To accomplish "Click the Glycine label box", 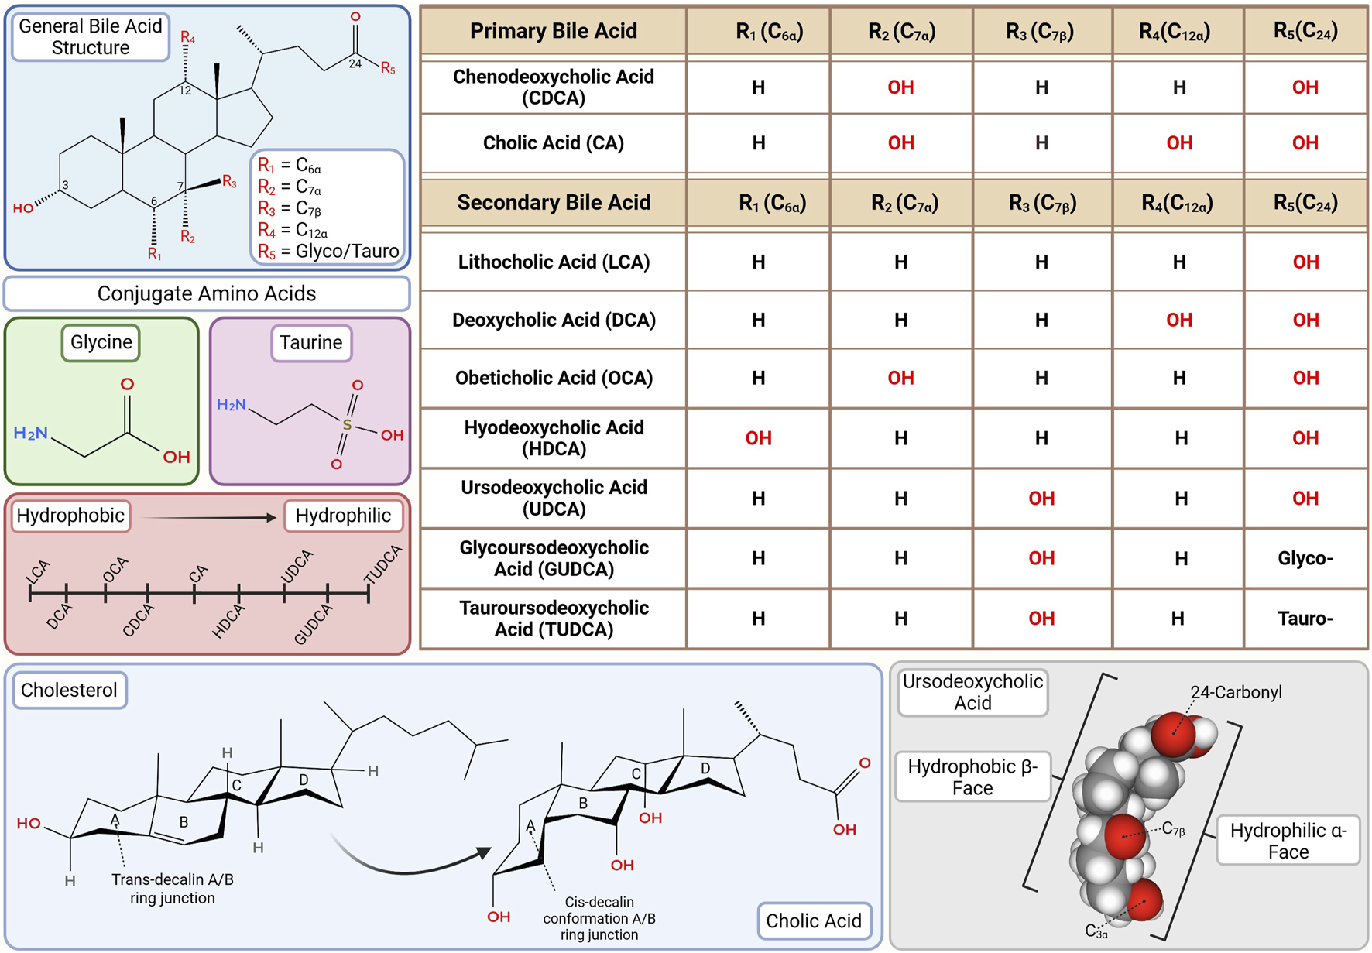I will point(101,343).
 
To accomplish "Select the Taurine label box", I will point(310,343).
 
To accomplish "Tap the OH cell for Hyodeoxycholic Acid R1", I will point(758,438).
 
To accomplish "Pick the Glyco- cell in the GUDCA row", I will point(1305,558).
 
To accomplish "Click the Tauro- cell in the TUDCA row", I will point(1305,619).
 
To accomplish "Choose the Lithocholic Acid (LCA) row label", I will point(554,262).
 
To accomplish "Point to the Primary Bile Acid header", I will point(554,31).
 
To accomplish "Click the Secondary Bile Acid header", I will point(554,203).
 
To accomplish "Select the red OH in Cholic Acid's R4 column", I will point(1178,143).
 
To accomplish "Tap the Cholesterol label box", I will point(69,691).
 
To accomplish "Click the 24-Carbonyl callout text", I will point(1237,692).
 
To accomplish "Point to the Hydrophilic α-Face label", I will point(1288,841).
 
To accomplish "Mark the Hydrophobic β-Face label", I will point(972,777).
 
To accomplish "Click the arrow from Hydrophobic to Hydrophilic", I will point(209,517).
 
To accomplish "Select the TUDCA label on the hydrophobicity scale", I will point(382,565).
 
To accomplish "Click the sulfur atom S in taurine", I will point(346,424).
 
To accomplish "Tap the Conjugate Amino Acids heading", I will point(207,294).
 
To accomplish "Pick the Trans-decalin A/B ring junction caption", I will point(172,889).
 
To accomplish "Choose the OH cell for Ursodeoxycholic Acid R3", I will point(1041,499).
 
